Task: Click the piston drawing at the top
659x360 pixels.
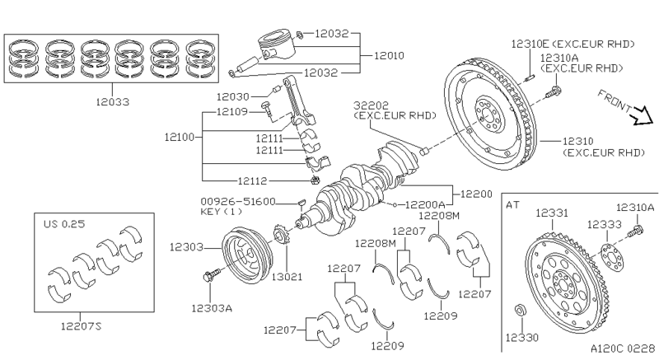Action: [273, 47]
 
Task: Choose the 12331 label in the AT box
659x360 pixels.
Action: [552, 213]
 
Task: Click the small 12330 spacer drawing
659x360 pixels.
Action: [520, 311]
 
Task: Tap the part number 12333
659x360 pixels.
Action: [604, 223]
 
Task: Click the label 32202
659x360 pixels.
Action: [370, 106]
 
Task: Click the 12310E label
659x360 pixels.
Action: [528, 41]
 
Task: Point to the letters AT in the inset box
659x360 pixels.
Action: [512, 203]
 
